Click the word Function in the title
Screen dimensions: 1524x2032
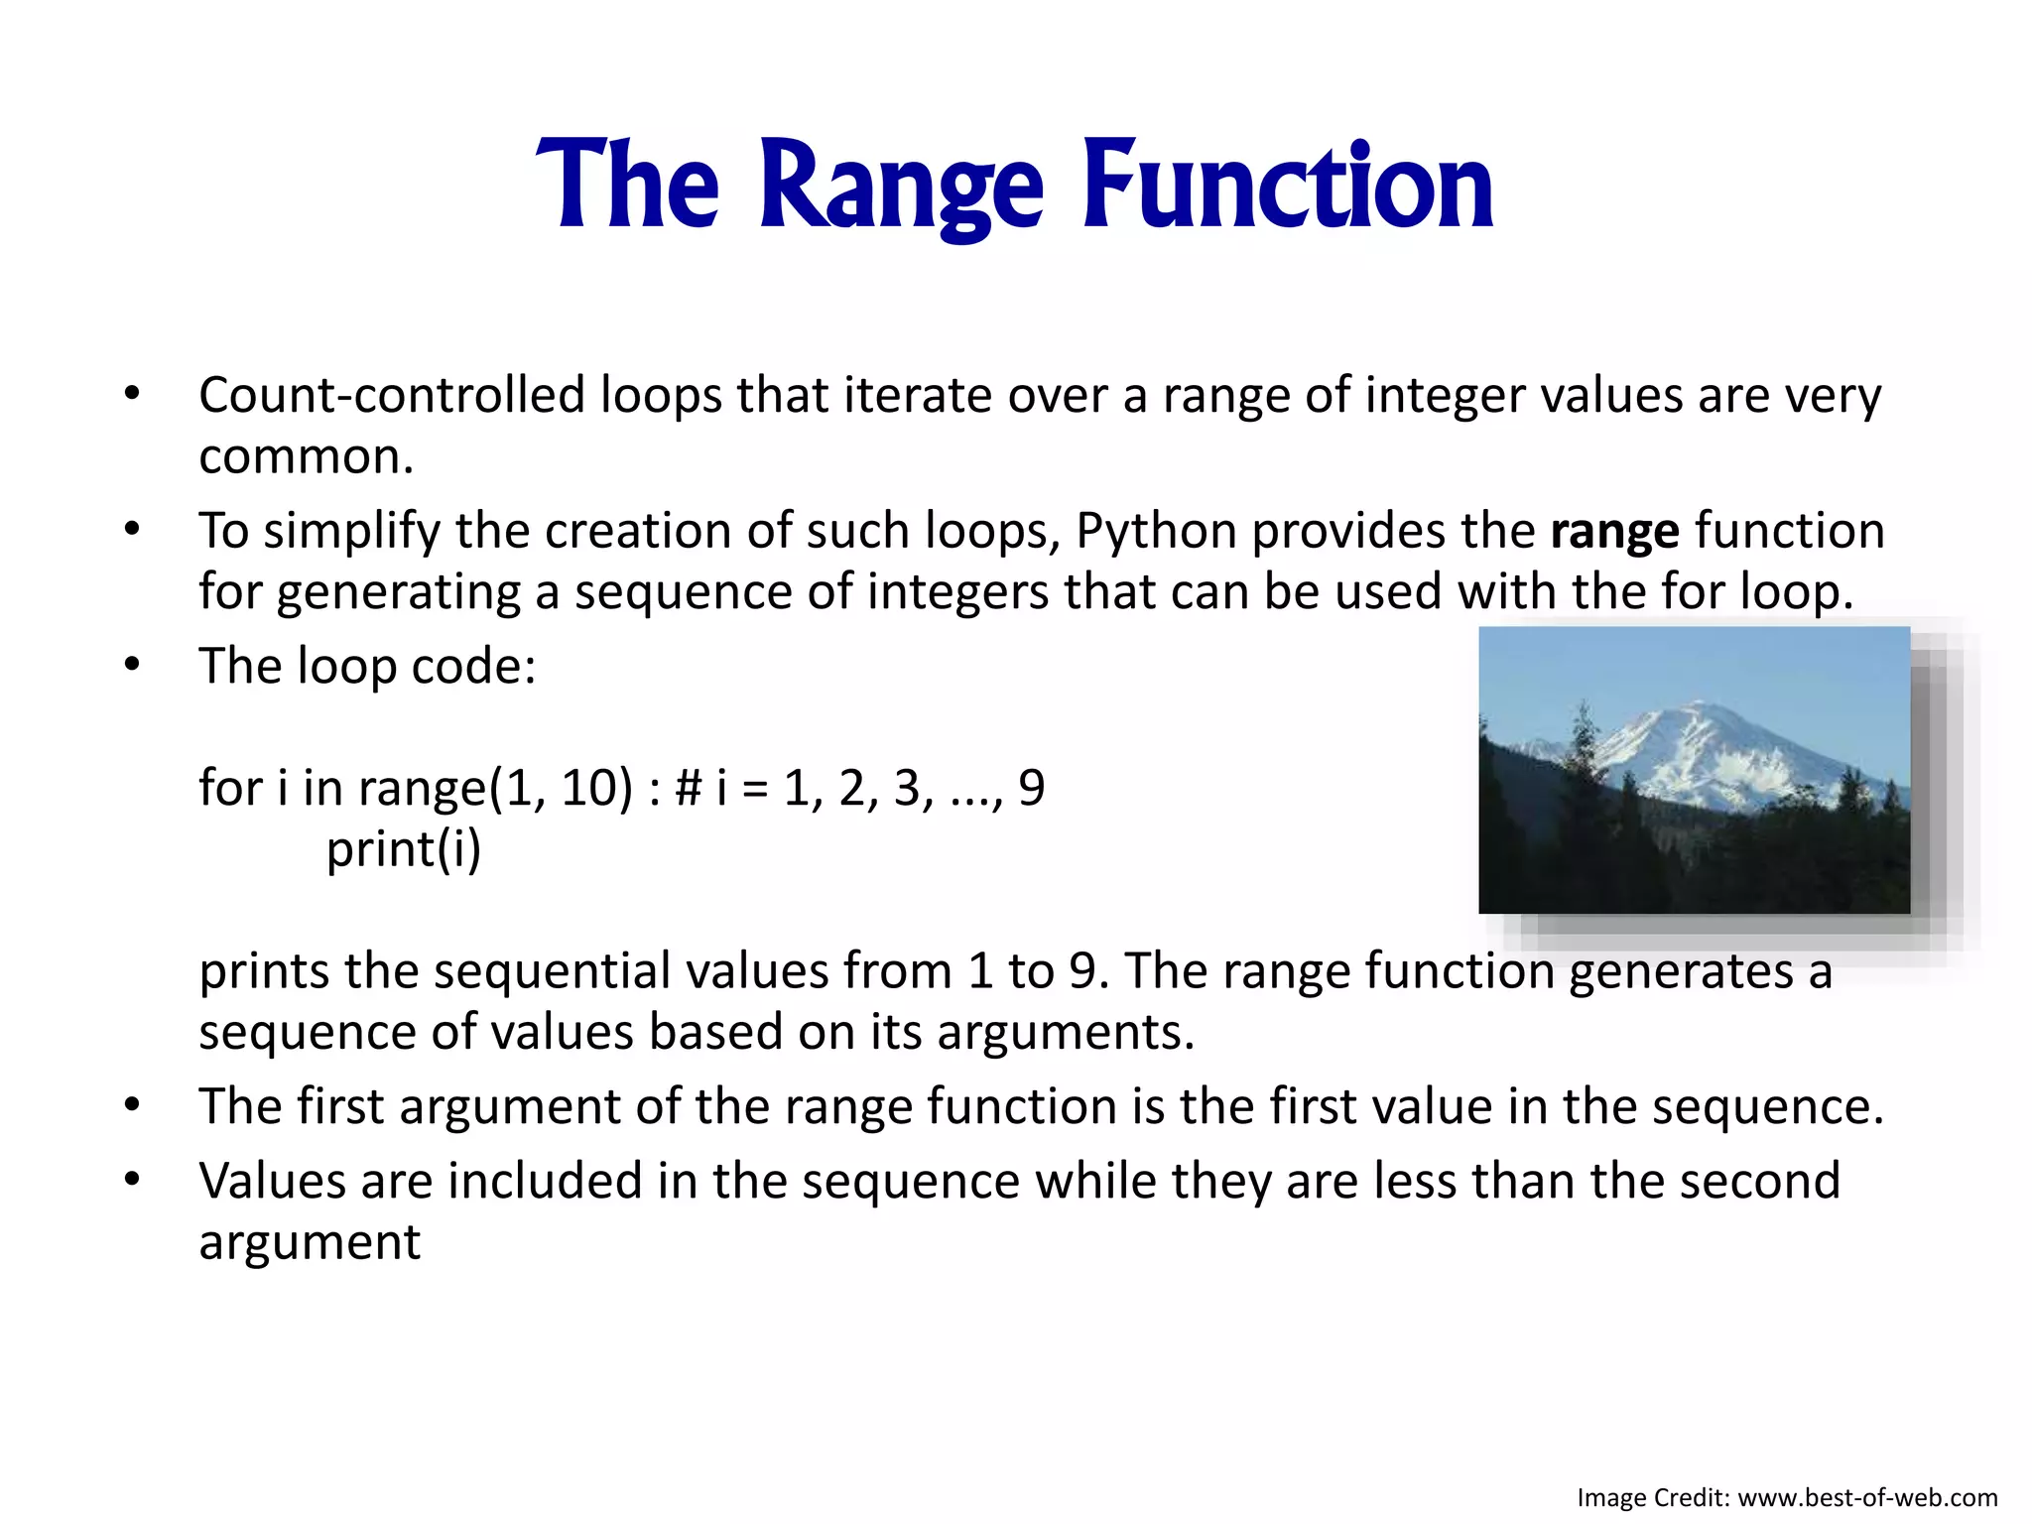coord(1287,187)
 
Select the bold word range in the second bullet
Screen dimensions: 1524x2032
coord(1614,532)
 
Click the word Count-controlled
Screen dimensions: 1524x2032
coord(392,396)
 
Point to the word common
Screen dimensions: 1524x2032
coord(305,457)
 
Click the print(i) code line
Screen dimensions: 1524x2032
coord(404,849)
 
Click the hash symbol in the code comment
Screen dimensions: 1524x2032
coord(688,789)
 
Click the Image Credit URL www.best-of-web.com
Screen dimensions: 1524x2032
coord(1867,1497)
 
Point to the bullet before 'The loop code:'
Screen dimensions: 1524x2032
coord(132,666)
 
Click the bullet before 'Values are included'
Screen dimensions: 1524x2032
coord(132,1181)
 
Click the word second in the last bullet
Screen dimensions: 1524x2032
coord(1772,1182)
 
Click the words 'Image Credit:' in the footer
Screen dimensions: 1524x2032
coord(1653,1497)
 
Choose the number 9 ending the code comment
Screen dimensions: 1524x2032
coord(1031,789)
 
